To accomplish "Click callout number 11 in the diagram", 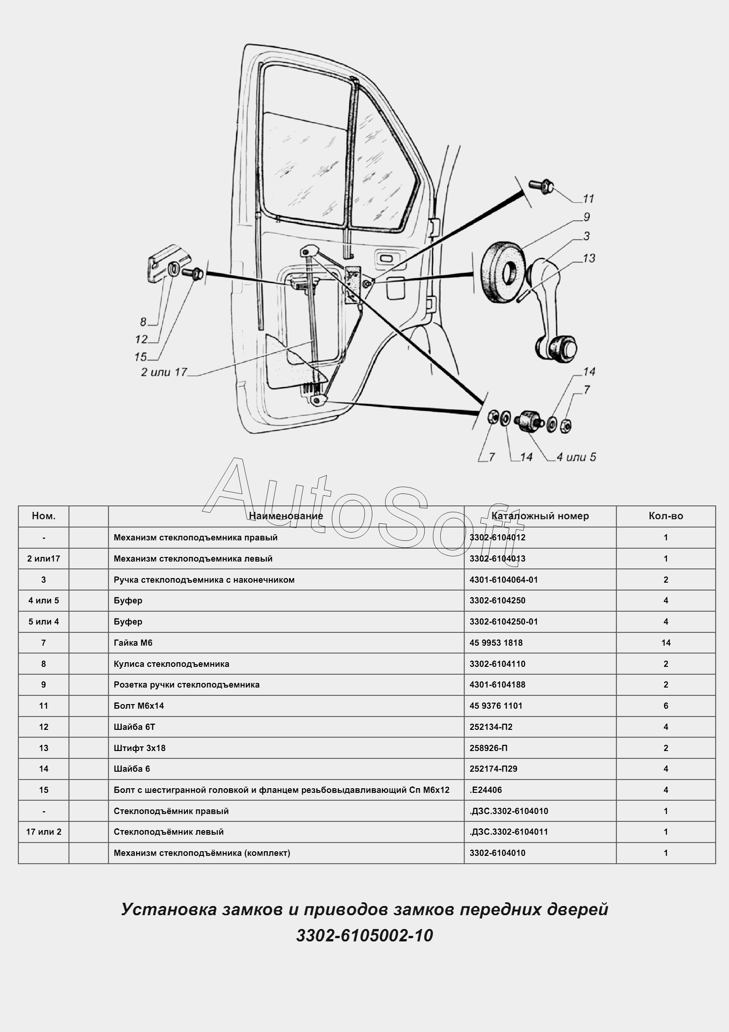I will click(588, 199).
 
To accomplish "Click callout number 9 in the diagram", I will click(587, 217).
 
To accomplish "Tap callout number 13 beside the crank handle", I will click(589, 258).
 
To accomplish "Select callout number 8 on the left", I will click(143, 322).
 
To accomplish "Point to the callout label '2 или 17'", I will click(164, 372).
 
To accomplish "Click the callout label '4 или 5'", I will click(576, 457).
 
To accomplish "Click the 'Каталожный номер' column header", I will click(540, 516).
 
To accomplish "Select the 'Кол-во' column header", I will click(666, 516).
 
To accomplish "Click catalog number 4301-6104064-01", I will click(503, 579).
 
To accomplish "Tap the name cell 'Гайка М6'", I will click(133, 642).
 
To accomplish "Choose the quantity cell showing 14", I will click(666, 642).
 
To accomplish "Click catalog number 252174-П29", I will click(493, 768).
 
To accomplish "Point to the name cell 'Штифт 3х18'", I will click(140, 748).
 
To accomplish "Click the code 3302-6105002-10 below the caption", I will click(364, 936).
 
